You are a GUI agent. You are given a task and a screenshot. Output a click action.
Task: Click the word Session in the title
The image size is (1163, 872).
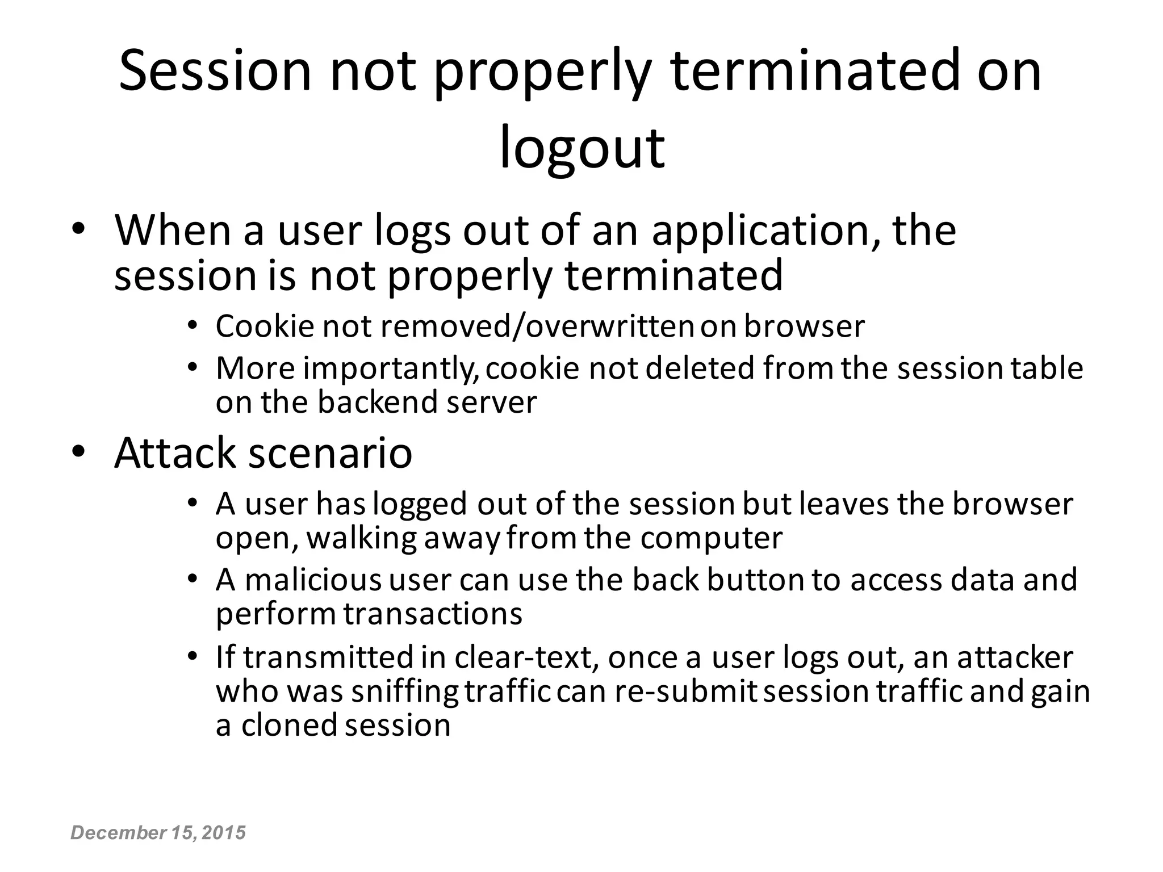point(215,71)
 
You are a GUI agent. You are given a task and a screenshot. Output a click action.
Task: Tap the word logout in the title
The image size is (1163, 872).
point(581,149)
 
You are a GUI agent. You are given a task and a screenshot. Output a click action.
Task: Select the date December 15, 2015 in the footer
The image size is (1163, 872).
point(158,833)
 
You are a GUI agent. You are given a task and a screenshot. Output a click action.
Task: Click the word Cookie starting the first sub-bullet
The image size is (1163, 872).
point(265,326)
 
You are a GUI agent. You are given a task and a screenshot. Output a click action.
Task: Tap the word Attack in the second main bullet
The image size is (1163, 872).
point(174,452)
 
